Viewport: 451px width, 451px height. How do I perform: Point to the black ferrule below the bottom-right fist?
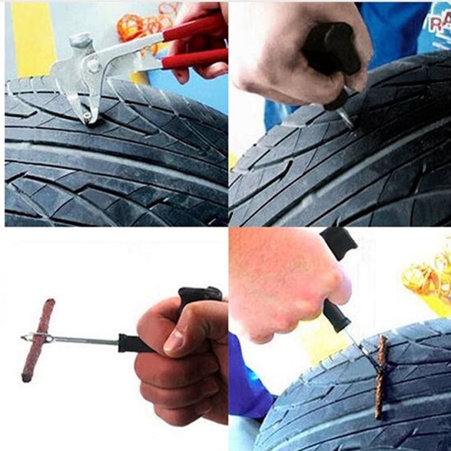click(x=336, y=316)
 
